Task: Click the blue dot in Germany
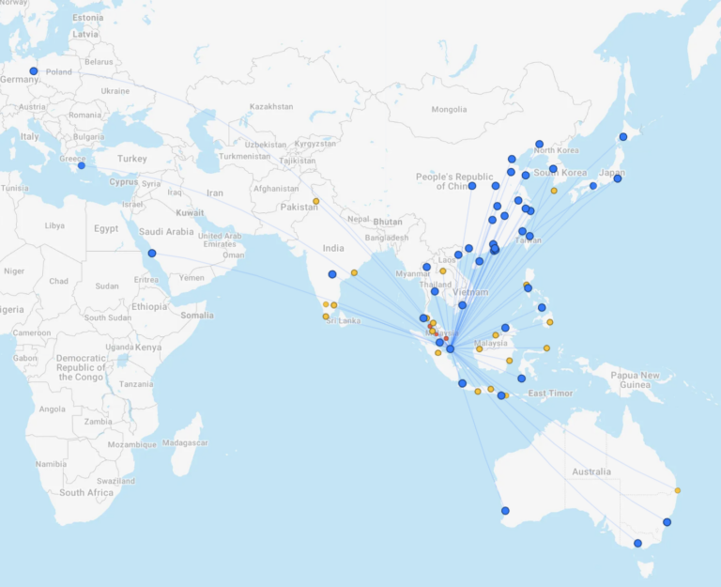point(34,70)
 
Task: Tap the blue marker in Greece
point(81,165)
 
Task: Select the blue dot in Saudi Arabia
point(151,253)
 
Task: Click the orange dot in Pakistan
point(315,201)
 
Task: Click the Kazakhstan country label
point(271,106)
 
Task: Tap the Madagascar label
point(185,442)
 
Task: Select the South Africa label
point(86,492)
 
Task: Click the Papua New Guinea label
point(637,379)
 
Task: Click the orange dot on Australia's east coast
point(677,490)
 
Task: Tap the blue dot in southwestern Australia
point(505,511)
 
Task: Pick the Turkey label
point(132,159)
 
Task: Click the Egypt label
point(106,228)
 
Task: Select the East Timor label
point(550,393)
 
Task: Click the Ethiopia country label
point(148,306)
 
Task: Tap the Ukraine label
point(115,91)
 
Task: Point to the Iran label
point(215,193)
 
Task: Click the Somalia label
point(197,315)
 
